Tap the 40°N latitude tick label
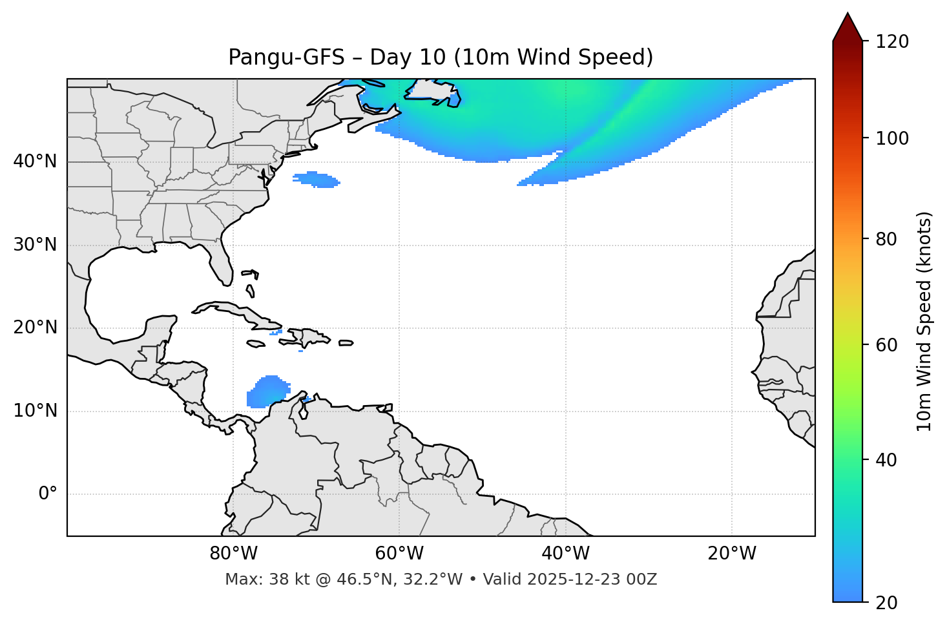point(35,162)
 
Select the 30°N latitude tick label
point(35,245)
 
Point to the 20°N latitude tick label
point(35,328)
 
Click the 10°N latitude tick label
point(35,411)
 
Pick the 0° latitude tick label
point(47,494)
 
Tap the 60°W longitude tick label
point(399,554)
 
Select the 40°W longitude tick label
point(565,554)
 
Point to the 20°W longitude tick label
point(731,554)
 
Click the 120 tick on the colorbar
point(892,42)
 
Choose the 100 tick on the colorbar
point(892,138)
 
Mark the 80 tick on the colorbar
point(887,240)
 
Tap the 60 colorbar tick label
point(887,346)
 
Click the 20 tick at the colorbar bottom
point(887,603)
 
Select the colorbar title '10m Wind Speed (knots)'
point(924,322)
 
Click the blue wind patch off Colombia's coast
point(266,392)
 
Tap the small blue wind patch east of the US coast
point(317,180)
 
